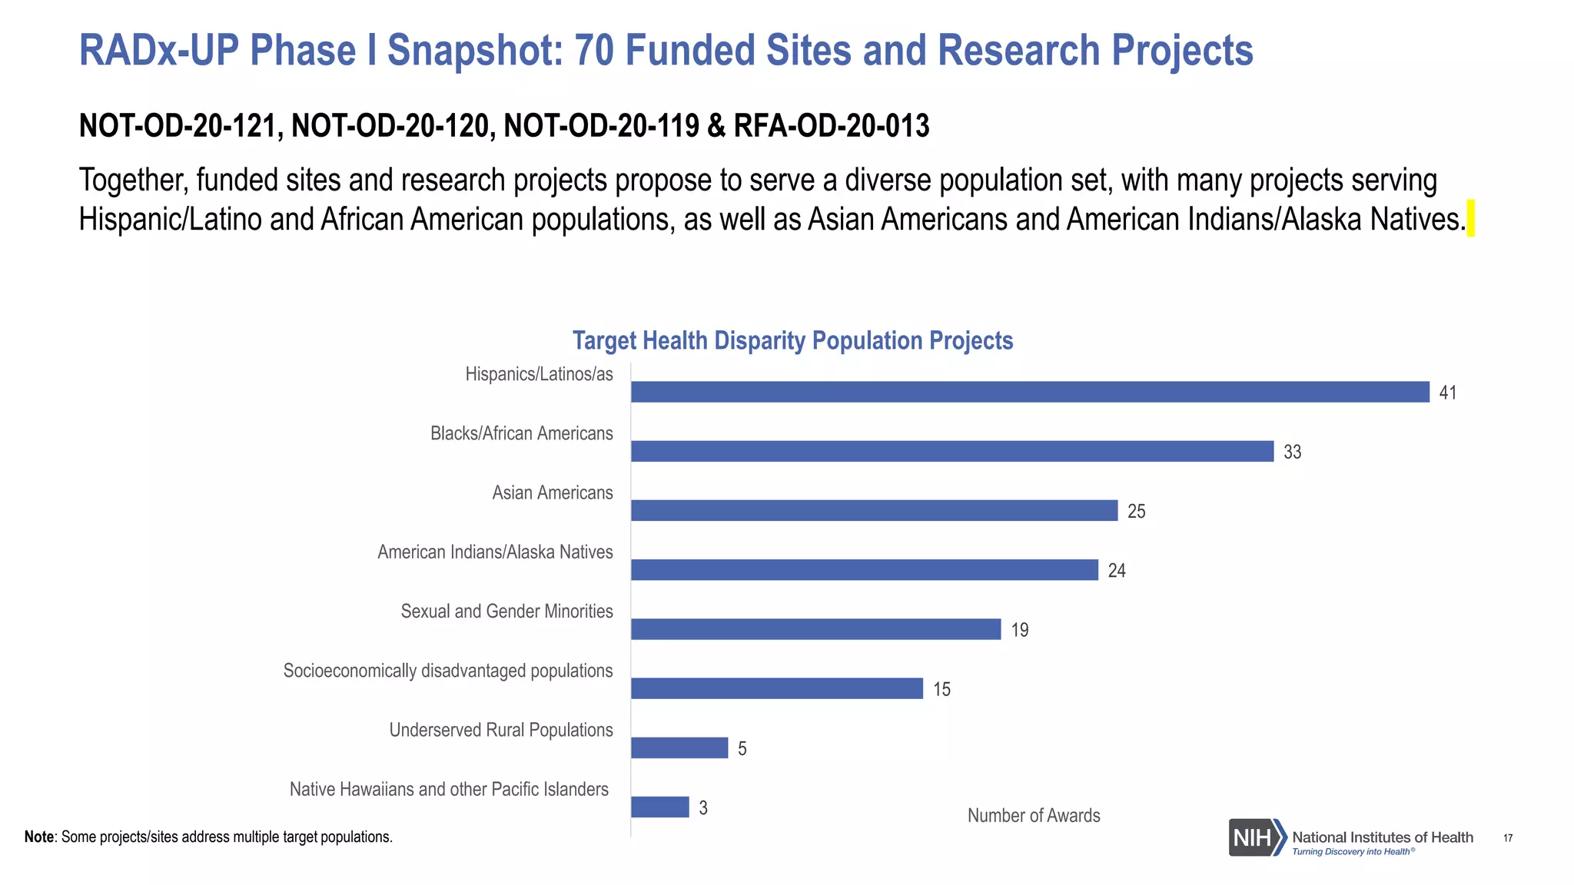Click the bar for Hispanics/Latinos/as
pos(1030,392)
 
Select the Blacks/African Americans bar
pos(952,451)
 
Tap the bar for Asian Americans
pos(874,510)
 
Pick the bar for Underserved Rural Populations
pos(679,747)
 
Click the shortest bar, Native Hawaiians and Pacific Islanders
pos(660,807)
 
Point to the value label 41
pos(1447,393)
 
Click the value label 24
pos(1116,570)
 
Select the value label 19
pos(1019,630)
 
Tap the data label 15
pos(941,689)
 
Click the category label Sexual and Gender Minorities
pos(506,612)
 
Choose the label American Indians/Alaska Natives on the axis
pos(495,552)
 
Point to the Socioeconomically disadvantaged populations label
pos(448,671)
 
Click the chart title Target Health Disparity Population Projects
pos(792,340)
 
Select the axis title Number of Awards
pos(1033,815)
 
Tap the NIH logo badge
pos(1257,837)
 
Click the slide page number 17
pos(1507,838)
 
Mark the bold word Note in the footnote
pos(38,837)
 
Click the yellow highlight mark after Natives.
pos(1470,218)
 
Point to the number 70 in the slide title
pos(593,51)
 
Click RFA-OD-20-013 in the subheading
pos(831,126)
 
